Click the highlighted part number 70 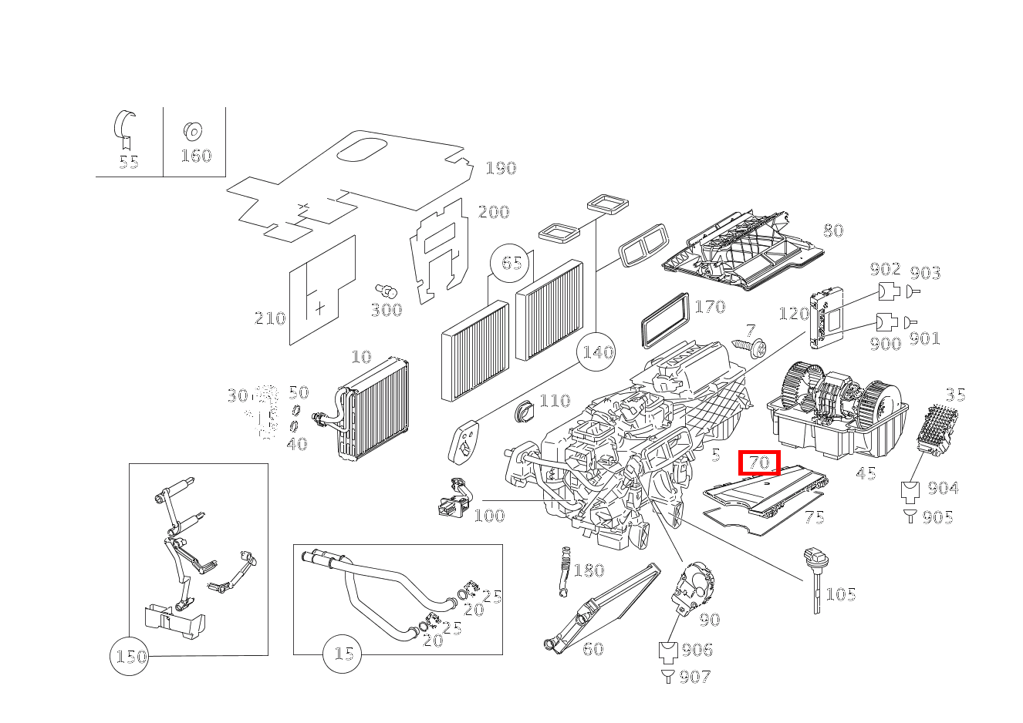(x=760, y=463)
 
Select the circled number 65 (x=511, y=263)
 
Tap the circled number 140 (x=597, y=352)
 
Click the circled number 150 (x=130, y=657)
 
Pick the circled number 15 (x=343, y=654)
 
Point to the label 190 (x=501, y=168)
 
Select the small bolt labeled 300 (x=388, y=291)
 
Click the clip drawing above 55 (x=126, y=127)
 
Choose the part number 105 (x=840, y=594)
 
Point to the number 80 (x=832, y=230)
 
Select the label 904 (x=943, y=488)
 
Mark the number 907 (x=695, y=677)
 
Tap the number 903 (x=925, y=273)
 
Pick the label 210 (x=270, y=318)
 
